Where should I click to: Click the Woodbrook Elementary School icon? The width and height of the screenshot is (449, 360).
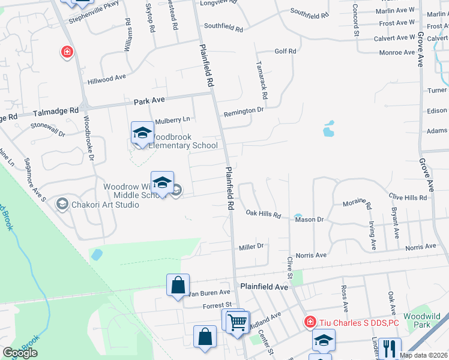click(142, 133)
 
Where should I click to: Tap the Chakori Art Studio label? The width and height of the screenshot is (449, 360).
click(106, 205)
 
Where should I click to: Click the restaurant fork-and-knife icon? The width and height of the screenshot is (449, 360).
click(390, 348)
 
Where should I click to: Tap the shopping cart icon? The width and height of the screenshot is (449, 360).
click(238, 322)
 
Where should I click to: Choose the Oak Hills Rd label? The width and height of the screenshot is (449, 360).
click(264, 214)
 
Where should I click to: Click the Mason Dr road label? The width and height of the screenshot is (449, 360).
click(309, 220)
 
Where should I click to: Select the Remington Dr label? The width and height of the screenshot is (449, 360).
click(244, 111)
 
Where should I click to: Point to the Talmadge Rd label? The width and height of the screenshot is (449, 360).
click(56, 111)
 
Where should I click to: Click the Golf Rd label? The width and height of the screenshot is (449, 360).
click(285, 52)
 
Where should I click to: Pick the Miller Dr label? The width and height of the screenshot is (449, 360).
click(251, 247)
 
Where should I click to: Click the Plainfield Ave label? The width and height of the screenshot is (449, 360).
click(264, 287)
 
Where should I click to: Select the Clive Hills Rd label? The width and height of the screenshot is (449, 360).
click(408, 197)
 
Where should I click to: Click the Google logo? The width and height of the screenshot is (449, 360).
click(20, 353)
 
